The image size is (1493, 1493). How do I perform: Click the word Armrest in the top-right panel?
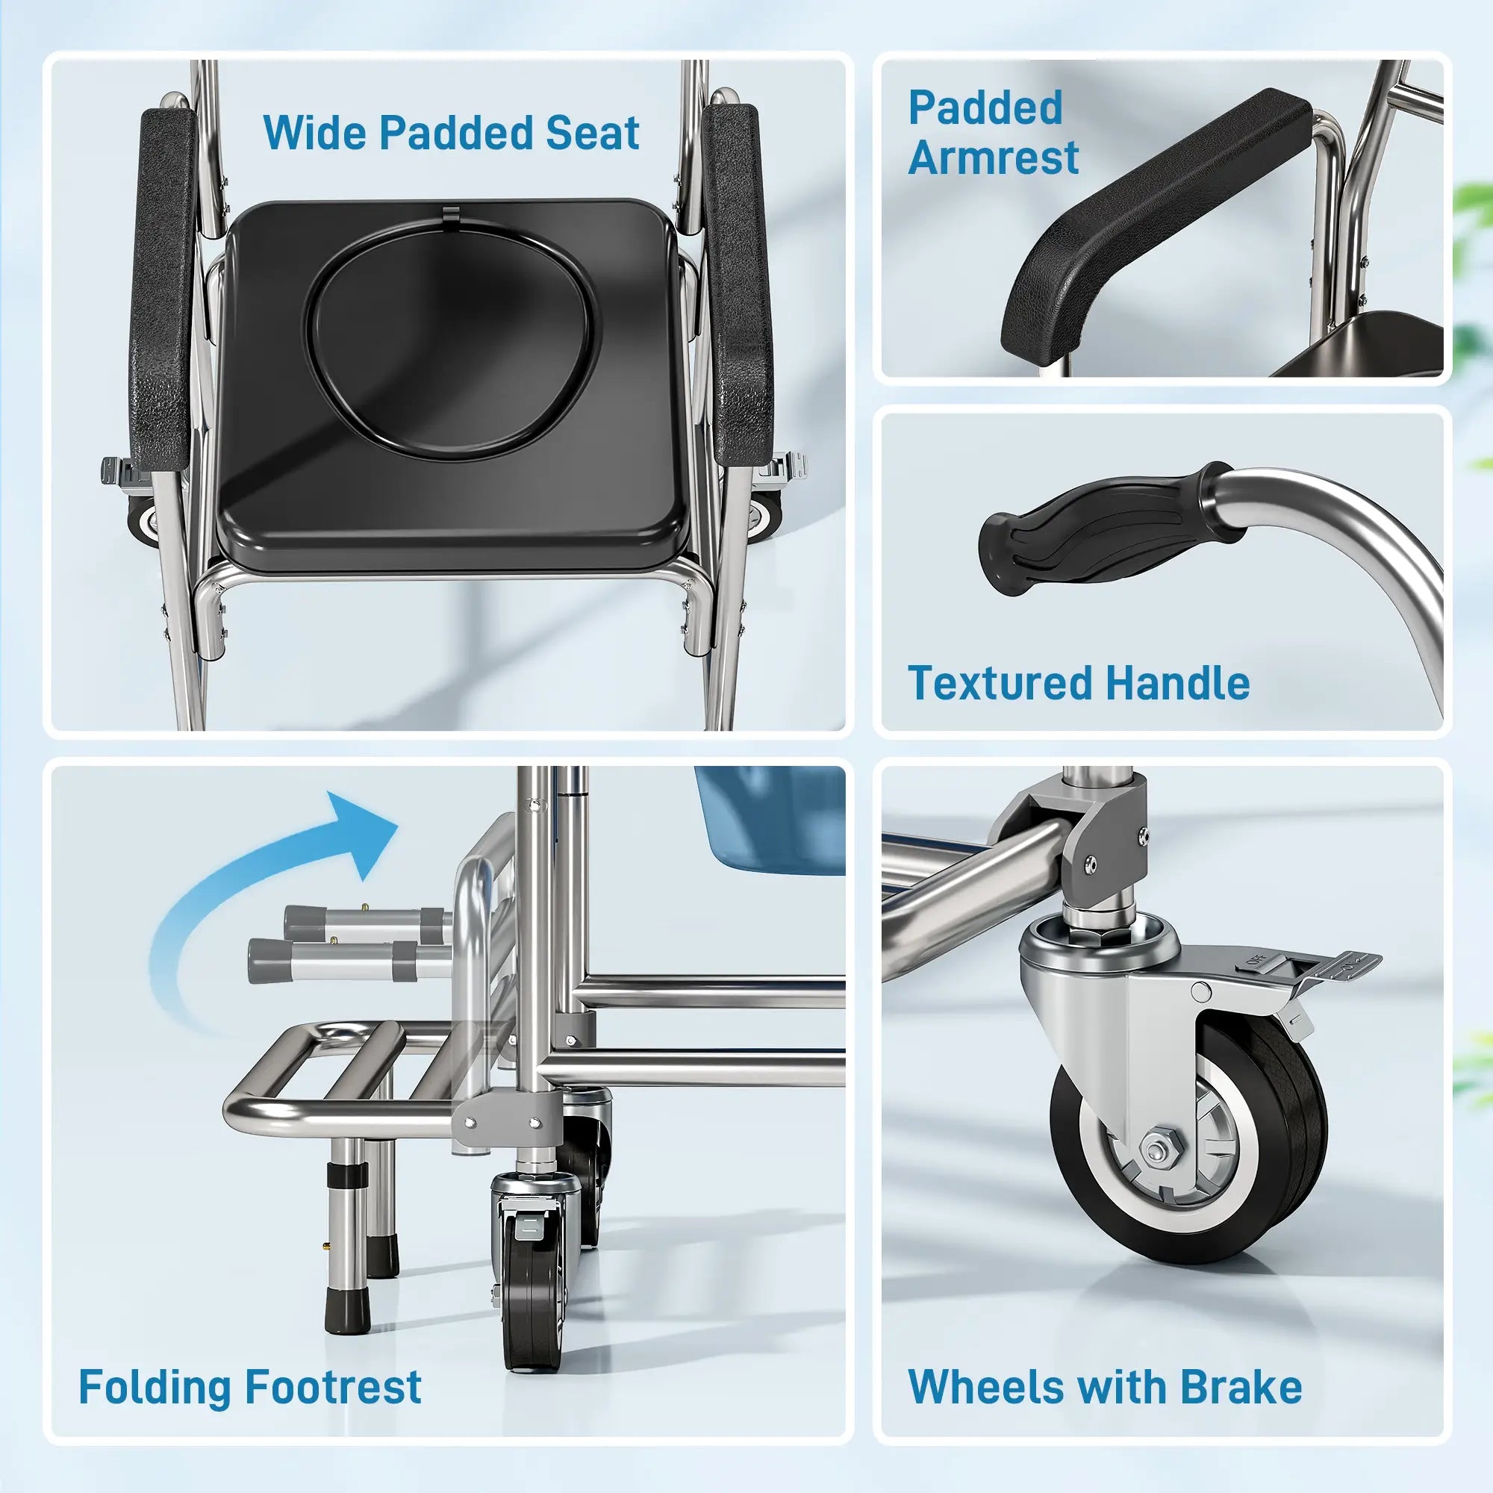click(x=993, y=158)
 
